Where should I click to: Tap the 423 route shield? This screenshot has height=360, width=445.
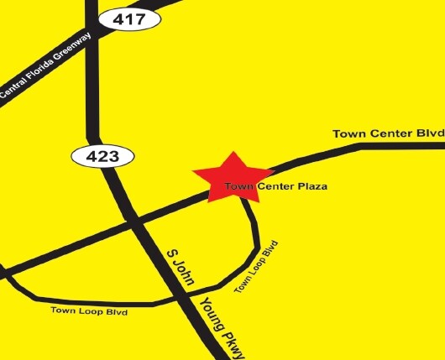[102, 155]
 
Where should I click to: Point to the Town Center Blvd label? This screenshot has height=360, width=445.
[385, 133]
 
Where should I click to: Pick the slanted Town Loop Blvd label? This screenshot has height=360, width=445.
[255, 266]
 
